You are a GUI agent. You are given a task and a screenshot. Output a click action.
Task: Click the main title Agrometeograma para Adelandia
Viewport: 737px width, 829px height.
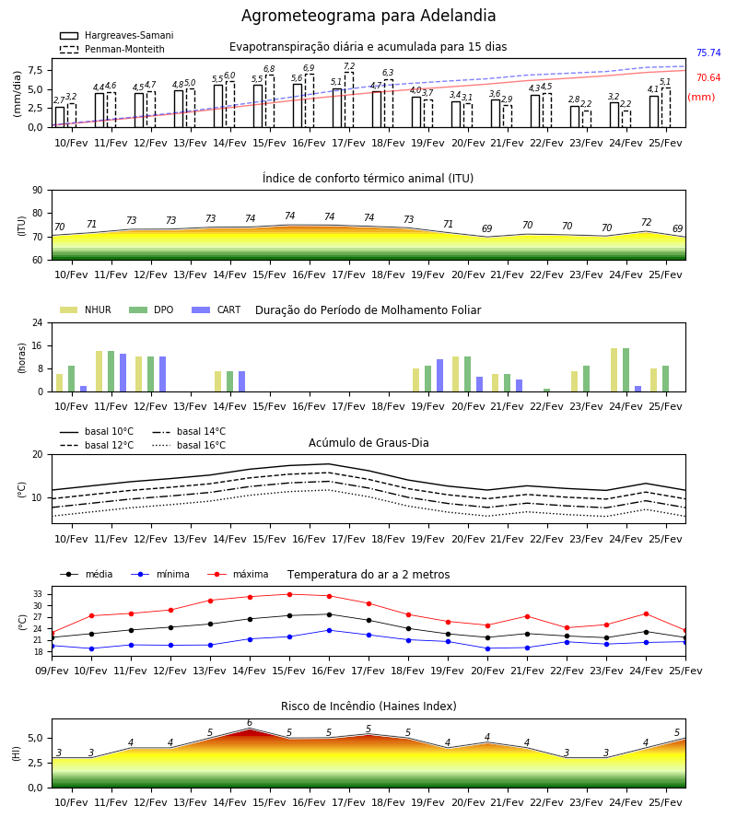[368, 16]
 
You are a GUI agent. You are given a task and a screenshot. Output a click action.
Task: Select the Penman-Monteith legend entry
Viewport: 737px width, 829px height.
[112, 49]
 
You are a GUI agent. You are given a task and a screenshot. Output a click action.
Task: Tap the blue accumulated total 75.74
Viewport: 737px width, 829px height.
[708, 53]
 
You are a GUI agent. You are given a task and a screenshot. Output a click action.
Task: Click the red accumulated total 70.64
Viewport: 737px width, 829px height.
[708, 77]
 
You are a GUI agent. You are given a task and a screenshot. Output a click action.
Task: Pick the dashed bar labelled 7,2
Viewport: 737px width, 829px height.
[349, 99]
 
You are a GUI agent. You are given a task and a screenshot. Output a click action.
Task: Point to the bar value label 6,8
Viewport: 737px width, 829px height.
[269, 69]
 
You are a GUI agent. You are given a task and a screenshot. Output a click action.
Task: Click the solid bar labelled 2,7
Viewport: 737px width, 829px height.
[60, 117]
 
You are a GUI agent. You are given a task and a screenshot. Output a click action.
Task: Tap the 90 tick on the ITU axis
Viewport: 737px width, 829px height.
[38, 191]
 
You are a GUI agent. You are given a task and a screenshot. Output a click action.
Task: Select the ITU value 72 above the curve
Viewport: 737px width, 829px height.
[646, 222]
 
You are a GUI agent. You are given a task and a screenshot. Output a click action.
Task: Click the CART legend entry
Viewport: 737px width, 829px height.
[216, 309]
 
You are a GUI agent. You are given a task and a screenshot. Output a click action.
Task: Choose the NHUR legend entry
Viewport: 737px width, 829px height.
[86, 309]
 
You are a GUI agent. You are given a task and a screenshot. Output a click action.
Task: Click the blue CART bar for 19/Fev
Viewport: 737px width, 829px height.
[439, 376]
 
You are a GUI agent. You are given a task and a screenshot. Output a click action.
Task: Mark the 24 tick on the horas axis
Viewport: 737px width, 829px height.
[38, 322]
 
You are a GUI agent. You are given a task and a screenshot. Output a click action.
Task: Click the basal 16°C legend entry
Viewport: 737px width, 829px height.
[189, 445]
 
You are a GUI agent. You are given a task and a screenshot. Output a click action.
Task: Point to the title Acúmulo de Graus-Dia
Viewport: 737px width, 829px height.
[368, 442]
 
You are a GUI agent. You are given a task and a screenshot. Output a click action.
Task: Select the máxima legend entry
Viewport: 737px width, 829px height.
[238, 574]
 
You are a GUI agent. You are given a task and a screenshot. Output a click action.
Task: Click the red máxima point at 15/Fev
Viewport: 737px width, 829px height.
[289, 595]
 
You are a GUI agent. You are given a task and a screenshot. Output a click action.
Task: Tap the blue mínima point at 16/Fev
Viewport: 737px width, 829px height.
[330, 630]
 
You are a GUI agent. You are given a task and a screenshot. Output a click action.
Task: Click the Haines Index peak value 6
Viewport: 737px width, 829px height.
[250, 723]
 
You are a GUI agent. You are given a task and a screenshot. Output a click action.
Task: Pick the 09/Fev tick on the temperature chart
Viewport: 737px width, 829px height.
[52, 671]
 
